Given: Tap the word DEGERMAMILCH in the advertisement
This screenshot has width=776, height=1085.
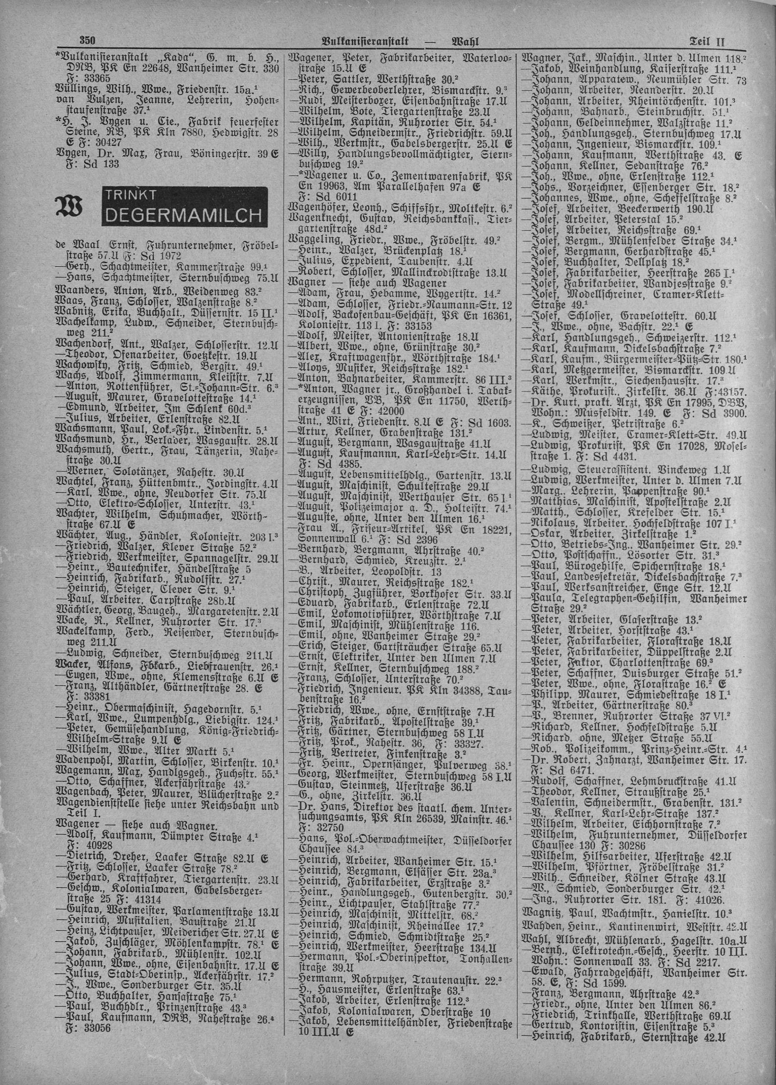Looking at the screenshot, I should coord(182,217).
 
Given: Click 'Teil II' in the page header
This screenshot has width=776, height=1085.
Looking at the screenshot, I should coord(707,41).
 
